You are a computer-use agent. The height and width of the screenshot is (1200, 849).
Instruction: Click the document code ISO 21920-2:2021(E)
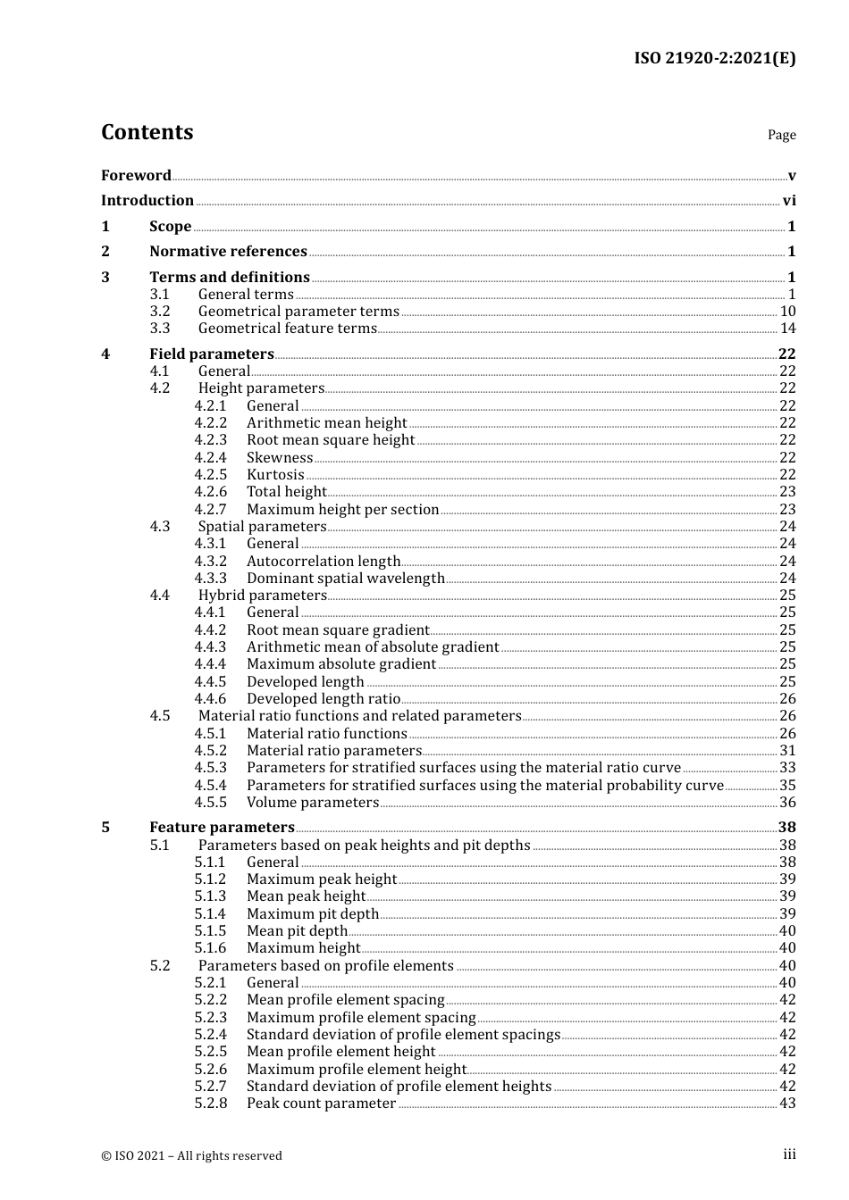[x=714, y=58]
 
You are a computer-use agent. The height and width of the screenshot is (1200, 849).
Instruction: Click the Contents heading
[x=147, y=132]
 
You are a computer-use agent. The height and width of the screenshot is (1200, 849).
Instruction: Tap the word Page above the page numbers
[x=781, y=135]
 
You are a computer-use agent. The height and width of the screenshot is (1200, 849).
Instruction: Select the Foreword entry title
[x=136, y=175]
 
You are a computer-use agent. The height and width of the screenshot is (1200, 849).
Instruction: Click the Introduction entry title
[x=147, y=201]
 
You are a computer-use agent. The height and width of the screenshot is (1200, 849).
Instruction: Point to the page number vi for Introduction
[x=789, y=201]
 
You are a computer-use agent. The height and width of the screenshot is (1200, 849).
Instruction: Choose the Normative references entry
[x=228, y=252]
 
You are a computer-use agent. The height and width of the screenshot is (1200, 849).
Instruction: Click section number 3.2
[x=160, y=312]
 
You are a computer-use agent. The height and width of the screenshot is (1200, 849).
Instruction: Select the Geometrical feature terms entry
[x=287, y=329]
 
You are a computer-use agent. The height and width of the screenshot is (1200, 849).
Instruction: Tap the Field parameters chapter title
[x=212, y=354]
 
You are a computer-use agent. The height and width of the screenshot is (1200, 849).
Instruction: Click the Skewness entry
[x=280, y=458]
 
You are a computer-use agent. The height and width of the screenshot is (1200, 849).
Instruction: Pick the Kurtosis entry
[x=275, y=475]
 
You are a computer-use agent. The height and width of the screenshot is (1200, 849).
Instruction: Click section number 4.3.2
[x=211, y=562]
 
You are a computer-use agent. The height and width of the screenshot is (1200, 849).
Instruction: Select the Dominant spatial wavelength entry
[x=345, y=579]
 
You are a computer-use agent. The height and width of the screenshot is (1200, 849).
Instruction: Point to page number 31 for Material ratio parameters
[x=787, y=751]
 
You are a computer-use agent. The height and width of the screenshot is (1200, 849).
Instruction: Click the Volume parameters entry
[x=313, y=803]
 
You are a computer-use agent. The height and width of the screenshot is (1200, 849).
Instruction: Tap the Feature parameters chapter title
[x=222, y=828]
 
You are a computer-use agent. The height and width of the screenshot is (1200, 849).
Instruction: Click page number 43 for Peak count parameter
[x=787, y=1104]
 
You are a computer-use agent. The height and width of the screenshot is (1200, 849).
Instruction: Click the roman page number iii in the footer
[x=789, y=1154]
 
